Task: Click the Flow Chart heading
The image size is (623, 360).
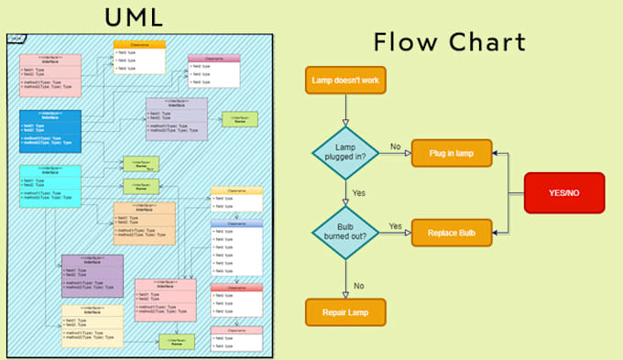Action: pos(450,42)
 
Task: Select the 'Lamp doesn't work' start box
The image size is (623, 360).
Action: pos(345,80)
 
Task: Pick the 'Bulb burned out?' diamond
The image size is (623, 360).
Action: pos(345,233)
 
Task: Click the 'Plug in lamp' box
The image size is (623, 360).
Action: pos(452,152)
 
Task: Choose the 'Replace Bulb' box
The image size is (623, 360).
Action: pos(452,233)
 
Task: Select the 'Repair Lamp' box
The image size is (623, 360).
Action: pos(345,312)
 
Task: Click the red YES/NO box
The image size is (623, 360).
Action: pos(563,193)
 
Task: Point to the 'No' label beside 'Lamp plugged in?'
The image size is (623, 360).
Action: pos(395,146)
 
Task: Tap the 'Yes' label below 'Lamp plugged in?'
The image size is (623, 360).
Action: pos(360,193)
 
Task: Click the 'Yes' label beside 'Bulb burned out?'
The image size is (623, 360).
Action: pos(395,226)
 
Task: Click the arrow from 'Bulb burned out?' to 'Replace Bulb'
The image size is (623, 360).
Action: pos(396,234)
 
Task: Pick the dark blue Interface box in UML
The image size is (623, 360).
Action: pos(50,131)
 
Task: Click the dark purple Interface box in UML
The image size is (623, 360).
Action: pos(92,276)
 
